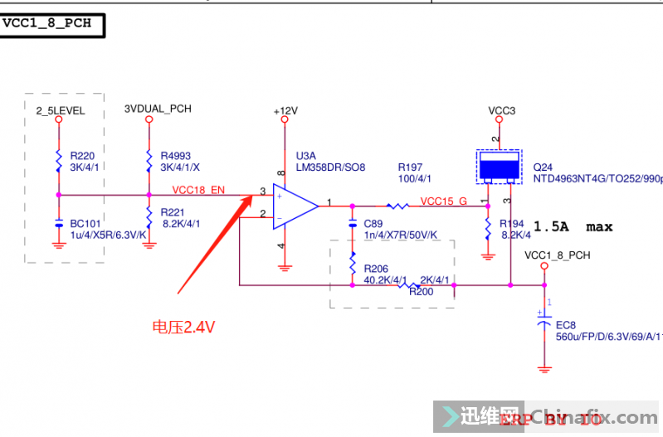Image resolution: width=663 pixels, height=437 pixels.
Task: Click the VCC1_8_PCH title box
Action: click(51, 23)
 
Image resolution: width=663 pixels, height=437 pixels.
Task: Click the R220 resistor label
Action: click(82, 155)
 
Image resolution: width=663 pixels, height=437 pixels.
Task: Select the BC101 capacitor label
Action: click(85, 223)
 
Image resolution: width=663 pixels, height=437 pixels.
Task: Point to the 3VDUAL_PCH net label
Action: click(158, 109)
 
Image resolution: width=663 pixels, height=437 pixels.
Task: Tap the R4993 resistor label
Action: click(176, 155)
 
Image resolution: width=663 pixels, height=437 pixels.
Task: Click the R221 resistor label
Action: click(172, 211)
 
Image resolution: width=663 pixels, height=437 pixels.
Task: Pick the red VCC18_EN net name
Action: click(199, 191)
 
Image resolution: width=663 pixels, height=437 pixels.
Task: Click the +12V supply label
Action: click(285, 110)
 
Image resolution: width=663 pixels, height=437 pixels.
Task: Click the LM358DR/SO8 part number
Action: click(330, 168)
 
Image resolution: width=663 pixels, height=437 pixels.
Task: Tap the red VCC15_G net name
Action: click(443, 201)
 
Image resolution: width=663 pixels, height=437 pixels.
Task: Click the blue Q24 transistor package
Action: click(498, 167)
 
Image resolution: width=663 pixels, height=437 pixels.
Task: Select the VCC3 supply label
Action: click(501, 110)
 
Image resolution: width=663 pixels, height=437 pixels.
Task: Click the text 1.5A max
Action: click(573, 226)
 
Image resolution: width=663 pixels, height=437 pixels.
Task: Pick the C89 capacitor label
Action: click(373, 224)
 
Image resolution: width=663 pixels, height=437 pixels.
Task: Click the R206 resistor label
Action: click(376, 269)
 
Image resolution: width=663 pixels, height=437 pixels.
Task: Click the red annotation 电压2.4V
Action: click(183, 327)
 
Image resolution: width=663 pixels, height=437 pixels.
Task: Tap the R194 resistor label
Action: click(512, 225)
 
